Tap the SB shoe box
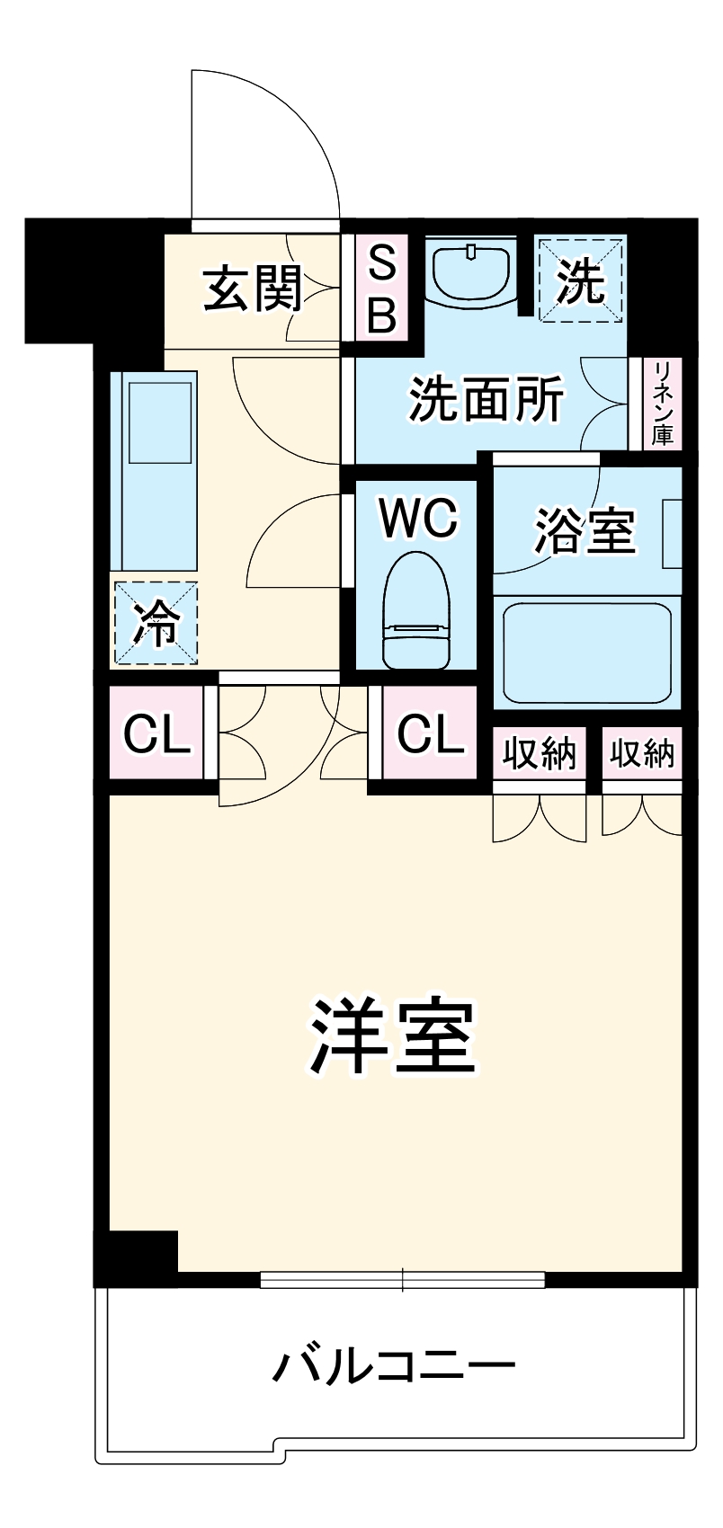[x=382, y=288]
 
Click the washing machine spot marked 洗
[x=580, y=279]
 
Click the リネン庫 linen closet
[x=665, y=404]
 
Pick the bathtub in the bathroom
[x=586, y=653]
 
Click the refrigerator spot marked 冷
[x=155, y=624]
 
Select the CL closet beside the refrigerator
[x=156, y=735]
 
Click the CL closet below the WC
[x=430, y=734]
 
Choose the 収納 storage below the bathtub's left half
[x=539, y=753]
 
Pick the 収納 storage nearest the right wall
[x=642, y=753]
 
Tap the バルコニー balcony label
[x=394, y=1368]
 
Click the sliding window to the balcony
[x=403, y=1279]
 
